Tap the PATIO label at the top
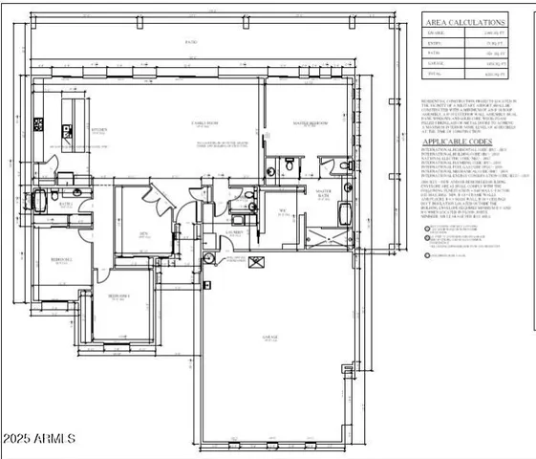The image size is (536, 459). pyautogui.click(x=191, y=44)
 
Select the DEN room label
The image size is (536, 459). pyautogui.click(x=142, y=232)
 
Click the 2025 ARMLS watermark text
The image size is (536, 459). pyautogui.click(x=39, y=439)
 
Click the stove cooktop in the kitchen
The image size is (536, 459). pyautogui.click(x=39, y=123)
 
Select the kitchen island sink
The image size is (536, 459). pyautogui.click(x=72, y=107)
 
